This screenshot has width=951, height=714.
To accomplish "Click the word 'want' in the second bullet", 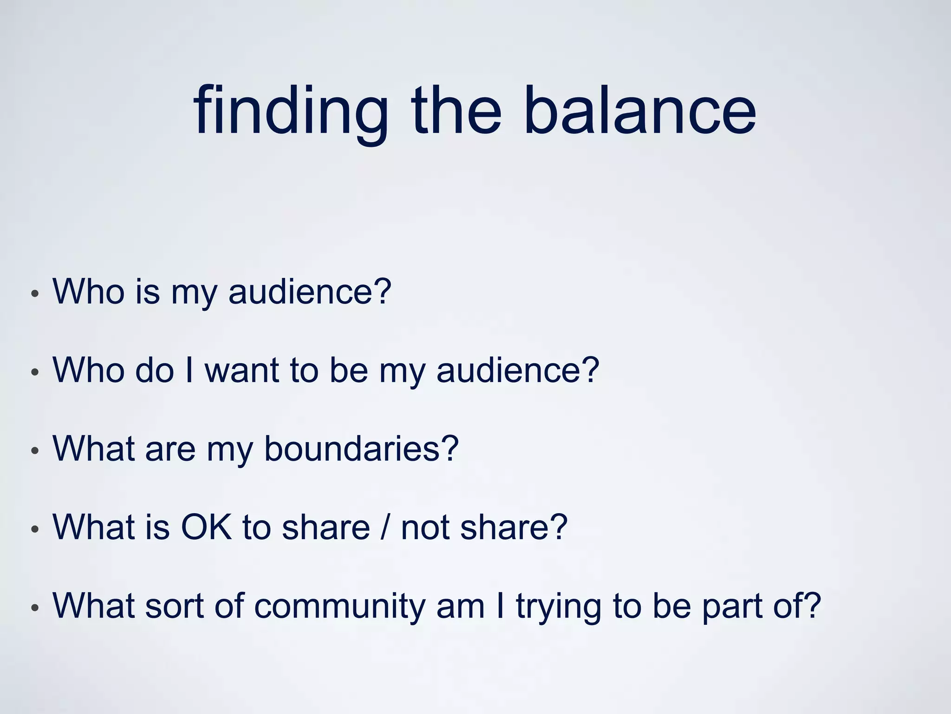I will (x=242, y=370).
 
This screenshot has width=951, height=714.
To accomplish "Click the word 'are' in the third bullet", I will (x=170, y=450).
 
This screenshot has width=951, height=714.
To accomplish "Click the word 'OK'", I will (x=206, y=528).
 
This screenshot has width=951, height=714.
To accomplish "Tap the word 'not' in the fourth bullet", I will (x=424, y=528).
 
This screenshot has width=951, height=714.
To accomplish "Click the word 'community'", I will (x=339, y=607).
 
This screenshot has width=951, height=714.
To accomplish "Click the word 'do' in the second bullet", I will (x=154, y=370).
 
